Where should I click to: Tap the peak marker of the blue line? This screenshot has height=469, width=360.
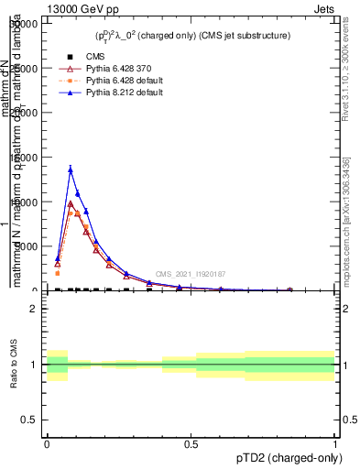click(71, 169)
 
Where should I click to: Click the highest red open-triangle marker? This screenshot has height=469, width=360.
click(71, 204)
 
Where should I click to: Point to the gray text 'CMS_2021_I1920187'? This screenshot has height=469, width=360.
click(190, 274)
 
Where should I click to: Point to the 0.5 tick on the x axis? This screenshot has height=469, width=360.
click(191, 443)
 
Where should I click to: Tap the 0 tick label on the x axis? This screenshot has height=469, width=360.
click(47, 443)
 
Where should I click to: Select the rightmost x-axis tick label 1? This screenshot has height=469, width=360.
click(335, 443)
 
